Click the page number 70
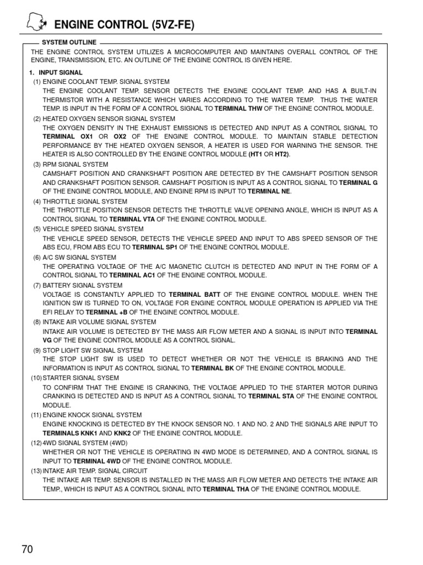click(x=28, y=549)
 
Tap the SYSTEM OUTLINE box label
click(x=69, y=42)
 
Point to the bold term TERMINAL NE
click(x=269, y=191)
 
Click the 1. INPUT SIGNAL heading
click(x=56, y=72)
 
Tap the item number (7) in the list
click(x=37, y=285)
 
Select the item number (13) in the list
click(x=37, y=471)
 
